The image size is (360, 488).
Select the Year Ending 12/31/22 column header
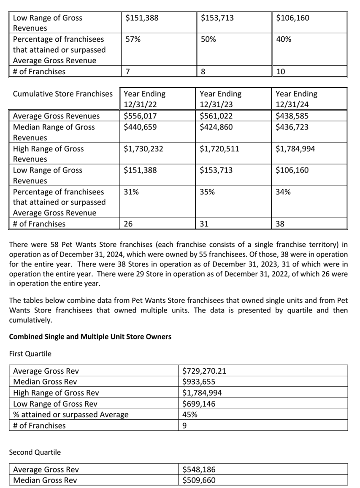144,99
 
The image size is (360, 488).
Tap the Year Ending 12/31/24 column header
296,99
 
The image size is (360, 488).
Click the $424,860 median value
216,127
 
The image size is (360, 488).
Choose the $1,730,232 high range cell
143,148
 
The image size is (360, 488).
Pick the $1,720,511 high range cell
219,148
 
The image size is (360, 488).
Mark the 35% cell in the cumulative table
207,191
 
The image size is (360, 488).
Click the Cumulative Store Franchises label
63,94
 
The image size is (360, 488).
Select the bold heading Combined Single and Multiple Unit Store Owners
90,337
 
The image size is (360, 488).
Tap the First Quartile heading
30,353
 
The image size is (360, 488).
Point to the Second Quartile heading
35,452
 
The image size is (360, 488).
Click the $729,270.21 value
204,371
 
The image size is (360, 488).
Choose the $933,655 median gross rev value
198,382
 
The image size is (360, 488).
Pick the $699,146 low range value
198,404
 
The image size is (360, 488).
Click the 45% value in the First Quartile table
189,414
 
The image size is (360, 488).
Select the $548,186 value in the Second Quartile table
198,469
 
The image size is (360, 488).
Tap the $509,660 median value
198,480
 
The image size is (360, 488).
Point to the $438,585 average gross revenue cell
292,116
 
